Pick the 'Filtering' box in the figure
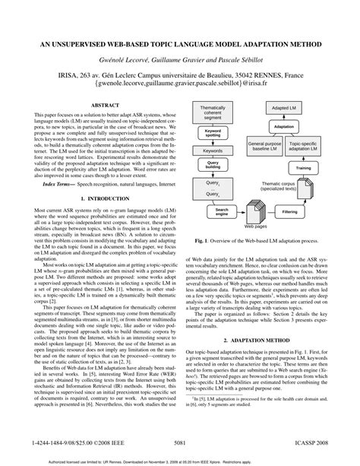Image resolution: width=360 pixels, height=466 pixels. tap(289, 211)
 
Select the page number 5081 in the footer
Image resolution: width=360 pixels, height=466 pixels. tap(180, 441)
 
